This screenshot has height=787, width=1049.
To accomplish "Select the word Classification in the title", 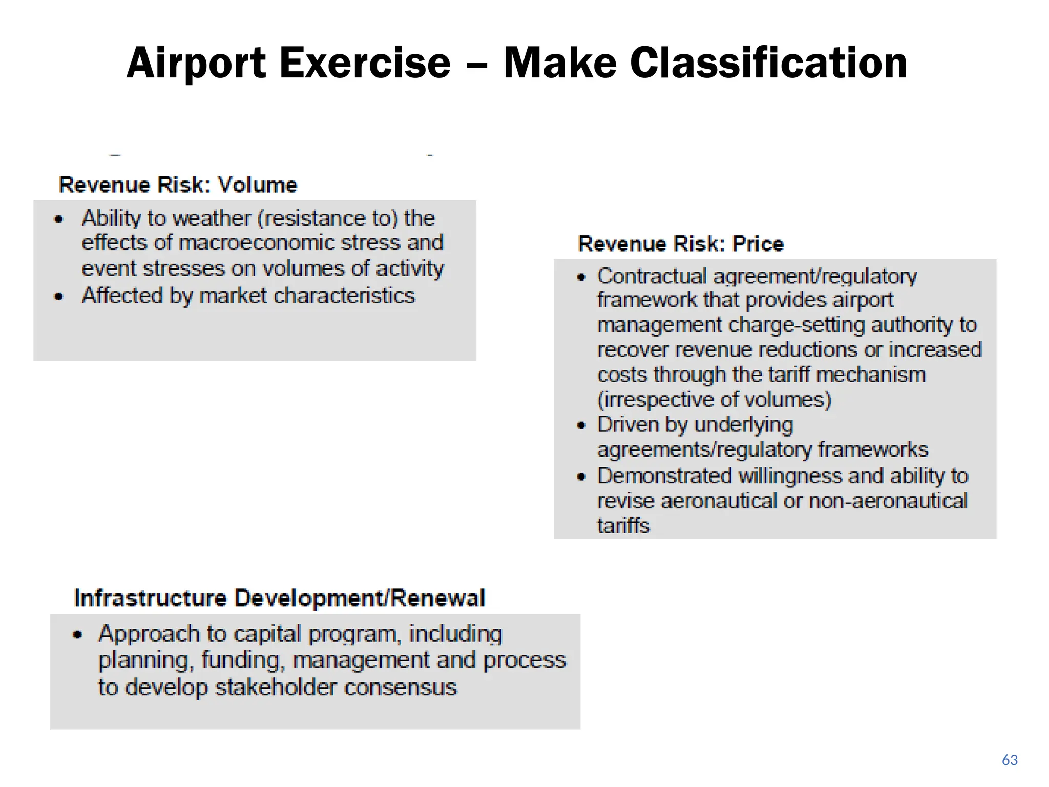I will point(768,64).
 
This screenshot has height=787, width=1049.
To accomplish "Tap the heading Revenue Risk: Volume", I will point(178,185).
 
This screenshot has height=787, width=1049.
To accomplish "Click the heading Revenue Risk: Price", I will point(680,244).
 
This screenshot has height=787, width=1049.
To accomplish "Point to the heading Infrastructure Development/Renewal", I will point(279,598).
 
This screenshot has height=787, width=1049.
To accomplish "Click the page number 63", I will point(1009,760).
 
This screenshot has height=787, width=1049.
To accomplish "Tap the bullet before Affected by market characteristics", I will point(59,297).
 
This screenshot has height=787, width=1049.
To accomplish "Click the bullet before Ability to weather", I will point(59,220).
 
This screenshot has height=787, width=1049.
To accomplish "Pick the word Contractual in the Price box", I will point(652,277).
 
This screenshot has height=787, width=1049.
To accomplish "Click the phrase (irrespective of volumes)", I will point(714,400).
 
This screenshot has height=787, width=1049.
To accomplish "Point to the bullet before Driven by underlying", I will point(581,425).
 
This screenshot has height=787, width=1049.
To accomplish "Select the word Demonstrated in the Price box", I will point(665,476).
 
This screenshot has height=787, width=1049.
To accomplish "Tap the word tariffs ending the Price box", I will point(623,526).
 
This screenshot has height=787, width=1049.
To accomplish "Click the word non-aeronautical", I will point(888,501).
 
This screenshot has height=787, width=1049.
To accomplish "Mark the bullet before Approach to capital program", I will point(77,635).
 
